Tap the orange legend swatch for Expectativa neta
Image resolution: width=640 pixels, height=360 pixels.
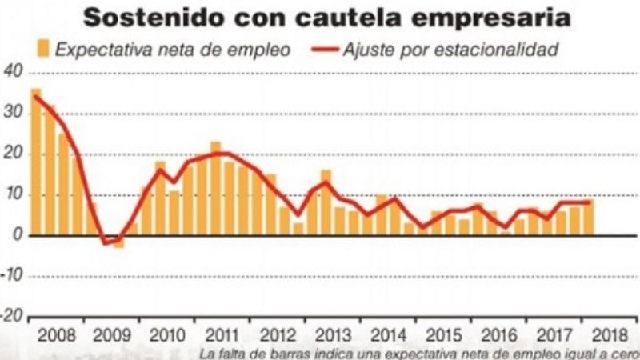(x=43, y=49)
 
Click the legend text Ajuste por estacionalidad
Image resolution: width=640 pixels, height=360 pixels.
(x=449, y=49)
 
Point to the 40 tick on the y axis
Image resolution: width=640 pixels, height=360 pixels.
(x=12, y=71)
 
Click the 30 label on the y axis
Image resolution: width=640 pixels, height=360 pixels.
(x=12, y=113)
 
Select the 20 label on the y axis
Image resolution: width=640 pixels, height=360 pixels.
(x=12, y=154)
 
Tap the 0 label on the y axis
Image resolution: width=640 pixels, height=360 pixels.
(x=16, y=235)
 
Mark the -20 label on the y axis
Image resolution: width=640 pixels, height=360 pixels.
(x=10, y=316)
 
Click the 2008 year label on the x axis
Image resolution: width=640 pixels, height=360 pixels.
(x=57, y=334)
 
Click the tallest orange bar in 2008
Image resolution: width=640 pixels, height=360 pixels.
(x=36, y=160)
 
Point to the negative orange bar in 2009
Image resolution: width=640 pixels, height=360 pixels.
(x=118, y=242)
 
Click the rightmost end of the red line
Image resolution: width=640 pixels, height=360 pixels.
(x=590, y=202)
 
